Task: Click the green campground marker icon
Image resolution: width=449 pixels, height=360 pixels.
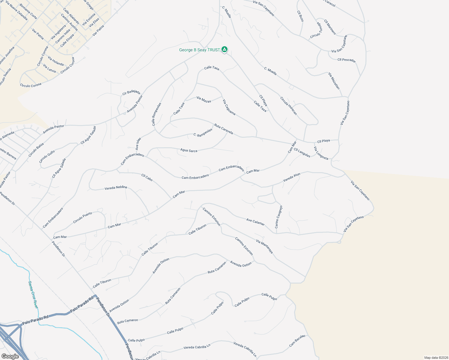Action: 224,49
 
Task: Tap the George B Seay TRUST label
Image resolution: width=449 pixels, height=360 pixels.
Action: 199,50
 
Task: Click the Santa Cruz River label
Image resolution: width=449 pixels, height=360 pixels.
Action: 33,294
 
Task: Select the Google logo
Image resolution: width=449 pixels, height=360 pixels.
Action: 10,356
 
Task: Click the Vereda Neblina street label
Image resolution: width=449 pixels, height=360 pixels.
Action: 116,188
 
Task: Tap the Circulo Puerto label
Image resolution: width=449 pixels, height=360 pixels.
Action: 83,218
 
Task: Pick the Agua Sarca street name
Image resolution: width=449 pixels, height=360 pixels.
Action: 189,150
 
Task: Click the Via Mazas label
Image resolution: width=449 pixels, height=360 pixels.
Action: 204,100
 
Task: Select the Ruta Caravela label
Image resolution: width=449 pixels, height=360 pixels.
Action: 223,129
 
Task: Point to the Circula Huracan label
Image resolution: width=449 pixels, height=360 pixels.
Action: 288,106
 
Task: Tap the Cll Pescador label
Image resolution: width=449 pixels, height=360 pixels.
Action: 346,60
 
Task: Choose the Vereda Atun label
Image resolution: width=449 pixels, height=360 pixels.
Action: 291,178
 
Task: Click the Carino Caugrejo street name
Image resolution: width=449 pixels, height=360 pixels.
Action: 279,217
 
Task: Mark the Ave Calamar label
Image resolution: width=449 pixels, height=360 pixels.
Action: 255,222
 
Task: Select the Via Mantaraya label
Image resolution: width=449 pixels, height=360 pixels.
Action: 264,247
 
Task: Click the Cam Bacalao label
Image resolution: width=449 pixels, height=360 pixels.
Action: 297,341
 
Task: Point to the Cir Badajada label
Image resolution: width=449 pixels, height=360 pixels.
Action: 131,92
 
